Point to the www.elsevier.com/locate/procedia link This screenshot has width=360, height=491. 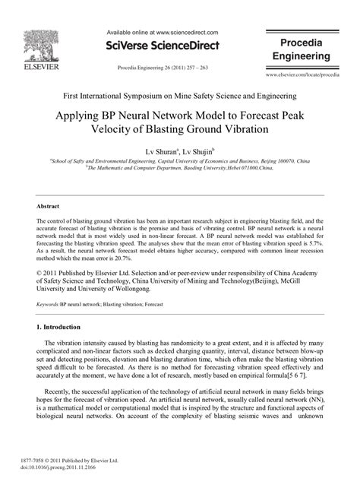302,77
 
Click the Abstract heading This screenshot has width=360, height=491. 49,206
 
